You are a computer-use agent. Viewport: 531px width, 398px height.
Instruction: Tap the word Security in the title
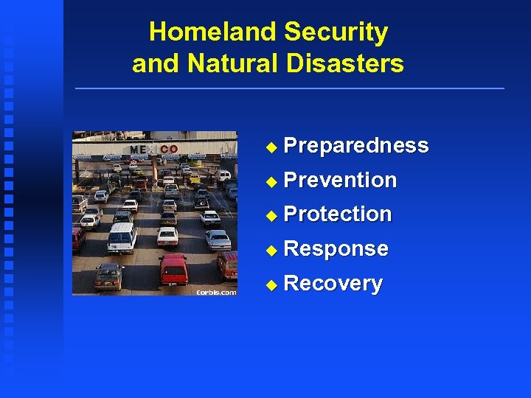coord(336,32)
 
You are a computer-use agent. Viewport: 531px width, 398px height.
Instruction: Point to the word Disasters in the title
coord(344,63)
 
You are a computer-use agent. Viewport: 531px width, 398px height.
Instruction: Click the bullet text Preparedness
coord(355,146)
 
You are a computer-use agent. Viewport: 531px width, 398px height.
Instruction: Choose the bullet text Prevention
coord(340,180)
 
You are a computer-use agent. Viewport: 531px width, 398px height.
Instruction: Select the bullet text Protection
coord(337,214)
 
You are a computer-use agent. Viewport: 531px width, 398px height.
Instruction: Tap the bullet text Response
coord(336,249)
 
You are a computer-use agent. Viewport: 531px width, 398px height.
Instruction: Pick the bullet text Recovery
coord(333,284)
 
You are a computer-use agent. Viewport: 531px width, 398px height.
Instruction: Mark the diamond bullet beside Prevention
coord(271,181)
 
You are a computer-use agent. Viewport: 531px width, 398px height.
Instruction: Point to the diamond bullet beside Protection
coord(271,215)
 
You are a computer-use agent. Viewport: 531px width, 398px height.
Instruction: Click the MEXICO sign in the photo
coord(153,149)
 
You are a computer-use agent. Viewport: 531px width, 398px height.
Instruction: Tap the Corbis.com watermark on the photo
coord(216,292)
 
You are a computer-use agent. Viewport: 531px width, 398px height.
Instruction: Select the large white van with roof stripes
coord(122,236)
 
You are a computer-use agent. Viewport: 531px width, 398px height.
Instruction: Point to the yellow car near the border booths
coord(195,178)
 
